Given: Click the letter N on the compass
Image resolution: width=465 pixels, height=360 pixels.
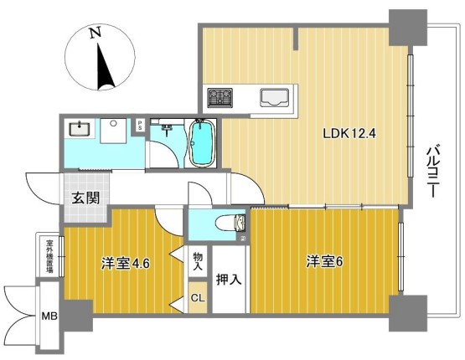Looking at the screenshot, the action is [96, 33].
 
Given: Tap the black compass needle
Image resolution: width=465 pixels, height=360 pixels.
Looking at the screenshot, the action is [104, 67].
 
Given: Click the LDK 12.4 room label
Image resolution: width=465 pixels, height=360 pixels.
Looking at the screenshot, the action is [349, 134].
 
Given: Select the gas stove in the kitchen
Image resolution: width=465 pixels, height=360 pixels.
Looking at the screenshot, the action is [220, 97].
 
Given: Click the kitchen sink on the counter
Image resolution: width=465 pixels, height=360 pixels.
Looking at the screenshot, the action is [274, 97].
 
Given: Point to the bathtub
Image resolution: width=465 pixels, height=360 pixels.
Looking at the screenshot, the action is [202, 142].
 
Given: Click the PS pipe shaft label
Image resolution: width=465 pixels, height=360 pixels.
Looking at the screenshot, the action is [140, 126].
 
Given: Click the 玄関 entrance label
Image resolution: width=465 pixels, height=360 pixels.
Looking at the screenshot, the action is [85, 198].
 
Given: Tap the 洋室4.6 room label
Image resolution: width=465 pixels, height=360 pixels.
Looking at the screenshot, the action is [126, 263].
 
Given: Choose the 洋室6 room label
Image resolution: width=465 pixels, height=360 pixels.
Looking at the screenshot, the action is [324, 262].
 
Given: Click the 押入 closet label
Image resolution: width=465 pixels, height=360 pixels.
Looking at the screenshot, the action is [229, 279].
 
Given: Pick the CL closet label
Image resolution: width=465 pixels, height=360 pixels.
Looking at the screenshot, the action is [198, 298].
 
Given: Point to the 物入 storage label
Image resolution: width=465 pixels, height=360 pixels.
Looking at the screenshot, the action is [198, 261].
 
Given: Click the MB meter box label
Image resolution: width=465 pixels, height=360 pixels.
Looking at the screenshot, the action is [49, 316].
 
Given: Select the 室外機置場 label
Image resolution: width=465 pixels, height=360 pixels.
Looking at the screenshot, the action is [49, 256].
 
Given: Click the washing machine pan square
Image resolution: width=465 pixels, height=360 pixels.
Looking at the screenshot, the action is [113, 131].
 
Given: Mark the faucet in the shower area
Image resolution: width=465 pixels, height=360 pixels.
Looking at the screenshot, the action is [167, 129].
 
